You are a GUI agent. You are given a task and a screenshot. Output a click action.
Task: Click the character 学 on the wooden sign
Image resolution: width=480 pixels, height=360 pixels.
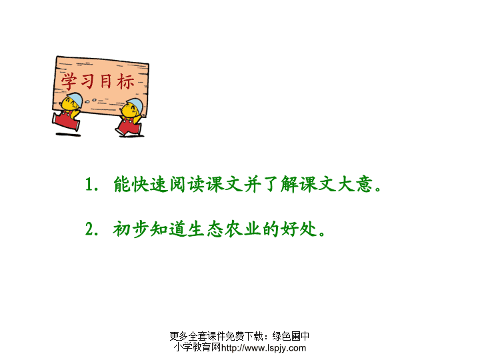pos(69,81)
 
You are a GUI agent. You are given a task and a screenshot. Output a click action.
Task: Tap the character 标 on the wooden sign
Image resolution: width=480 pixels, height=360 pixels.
pos(125,82)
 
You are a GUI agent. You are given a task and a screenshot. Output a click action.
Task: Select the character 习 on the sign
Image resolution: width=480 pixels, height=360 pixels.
pos(87,81)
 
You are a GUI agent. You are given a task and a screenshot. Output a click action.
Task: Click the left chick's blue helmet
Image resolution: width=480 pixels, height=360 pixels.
pos(75,99)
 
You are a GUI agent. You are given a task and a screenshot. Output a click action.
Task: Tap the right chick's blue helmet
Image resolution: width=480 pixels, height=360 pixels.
pos(135,105)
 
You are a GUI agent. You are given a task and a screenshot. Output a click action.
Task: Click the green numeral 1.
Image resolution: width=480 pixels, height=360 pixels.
pos(89,184)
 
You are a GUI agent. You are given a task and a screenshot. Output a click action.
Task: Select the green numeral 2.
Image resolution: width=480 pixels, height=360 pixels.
pos(89,229)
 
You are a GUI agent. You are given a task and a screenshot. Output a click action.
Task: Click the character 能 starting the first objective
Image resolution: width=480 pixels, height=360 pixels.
pos(122,184)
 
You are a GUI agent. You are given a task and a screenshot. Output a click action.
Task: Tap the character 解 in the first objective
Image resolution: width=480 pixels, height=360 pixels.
pos(289,184)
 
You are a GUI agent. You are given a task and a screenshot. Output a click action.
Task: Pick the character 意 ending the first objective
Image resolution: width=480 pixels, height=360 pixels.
pos(364,184)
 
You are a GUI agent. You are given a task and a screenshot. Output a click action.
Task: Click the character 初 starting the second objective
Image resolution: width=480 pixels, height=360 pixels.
pos(122,229)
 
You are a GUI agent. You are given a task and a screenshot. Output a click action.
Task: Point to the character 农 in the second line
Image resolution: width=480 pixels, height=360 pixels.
pos(234,229)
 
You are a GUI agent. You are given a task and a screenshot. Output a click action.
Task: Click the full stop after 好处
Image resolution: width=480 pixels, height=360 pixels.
pos(322,234)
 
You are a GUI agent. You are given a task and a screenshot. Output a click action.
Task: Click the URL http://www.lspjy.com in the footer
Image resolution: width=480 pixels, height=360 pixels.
pos(263,348)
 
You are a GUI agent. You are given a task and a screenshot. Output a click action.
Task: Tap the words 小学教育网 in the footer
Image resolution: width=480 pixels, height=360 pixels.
pos(197,347)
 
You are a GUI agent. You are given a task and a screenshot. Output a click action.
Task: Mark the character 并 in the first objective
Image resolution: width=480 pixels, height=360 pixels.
pos(252,184)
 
